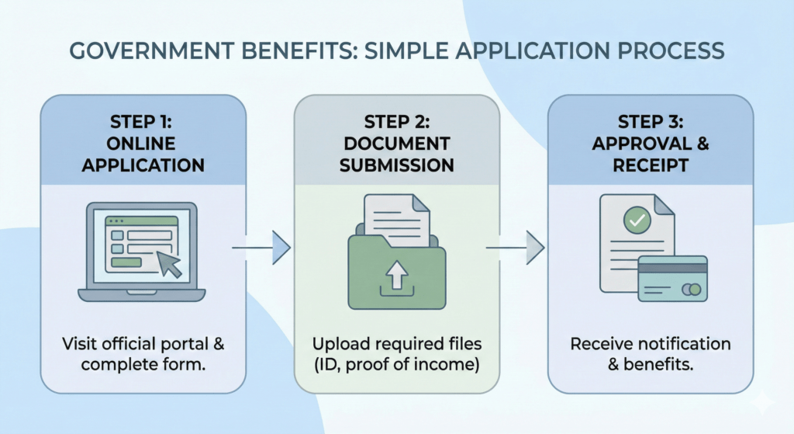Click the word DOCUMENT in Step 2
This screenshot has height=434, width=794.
[x=396, y=144]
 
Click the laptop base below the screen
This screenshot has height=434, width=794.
[x=141, y=294]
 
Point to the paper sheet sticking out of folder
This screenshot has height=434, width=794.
[x=396, y=214]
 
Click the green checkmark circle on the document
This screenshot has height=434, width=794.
[x=637, y=220]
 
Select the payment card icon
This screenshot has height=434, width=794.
[x=671, y=279]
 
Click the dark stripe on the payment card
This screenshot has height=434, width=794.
[x=671, y=268]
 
